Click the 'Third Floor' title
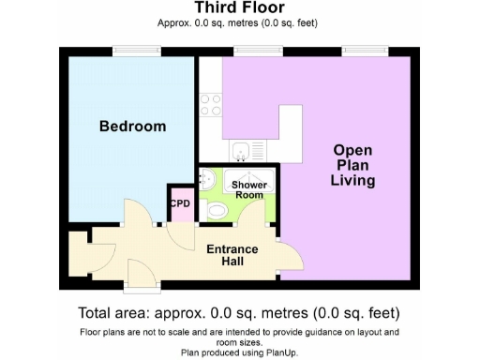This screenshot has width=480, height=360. (239, 9)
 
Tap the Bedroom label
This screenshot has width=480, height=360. (133, 127)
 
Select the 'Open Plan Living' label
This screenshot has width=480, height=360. (352, 166)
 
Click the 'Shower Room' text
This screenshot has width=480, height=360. (249, 190)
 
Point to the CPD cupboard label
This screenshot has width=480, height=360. (179, 202)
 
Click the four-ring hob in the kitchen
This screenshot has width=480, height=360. (211, 104)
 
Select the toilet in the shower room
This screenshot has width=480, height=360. (218, 213)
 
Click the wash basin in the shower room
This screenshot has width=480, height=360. (206, 180)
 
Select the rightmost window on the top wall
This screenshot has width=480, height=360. (377, 51)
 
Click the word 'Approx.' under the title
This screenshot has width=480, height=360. (177, 24)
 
